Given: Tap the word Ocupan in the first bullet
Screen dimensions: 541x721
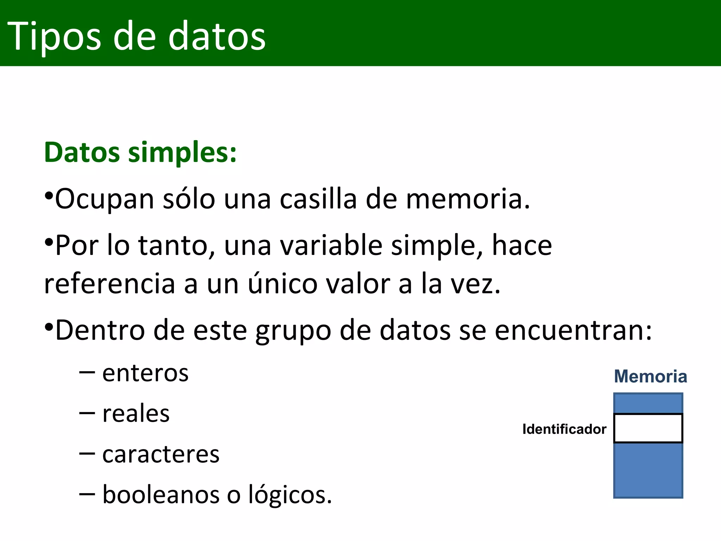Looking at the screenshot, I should (105, 199).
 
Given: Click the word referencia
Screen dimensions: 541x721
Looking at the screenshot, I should (109, 284).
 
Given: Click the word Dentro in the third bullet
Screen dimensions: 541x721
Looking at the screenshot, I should (100, 330).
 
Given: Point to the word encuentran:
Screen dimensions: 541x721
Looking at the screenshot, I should (573, 330).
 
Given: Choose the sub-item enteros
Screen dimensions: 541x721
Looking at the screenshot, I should (145, 373).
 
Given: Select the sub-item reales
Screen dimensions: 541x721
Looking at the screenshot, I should (136, 413).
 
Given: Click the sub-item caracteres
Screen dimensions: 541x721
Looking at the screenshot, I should (161, 454).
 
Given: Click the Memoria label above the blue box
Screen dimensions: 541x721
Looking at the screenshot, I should (650, 377).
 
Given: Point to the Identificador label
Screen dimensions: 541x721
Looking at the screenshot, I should (564, 429).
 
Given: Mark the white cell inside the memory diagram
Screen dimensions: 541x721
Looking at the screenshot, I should (648, 428).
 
